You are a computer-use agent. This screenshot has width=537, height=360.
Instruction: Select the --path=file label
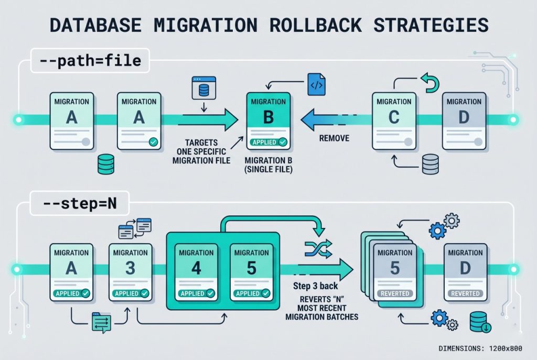point(90,61)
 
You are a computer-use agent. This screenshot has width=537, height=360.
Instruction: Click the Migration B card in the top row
point(268,119)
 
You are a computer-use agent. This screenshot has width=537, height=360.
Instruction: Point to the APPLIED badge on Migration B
point(268,141)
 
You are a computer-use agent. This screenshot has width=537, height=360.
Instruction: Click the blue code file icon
point(316,84)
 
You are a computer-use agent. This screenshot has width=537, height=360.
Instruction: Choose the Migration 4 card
point(196,271)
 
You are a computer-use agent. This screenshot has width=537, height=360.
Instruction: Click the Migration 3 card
point(130,271)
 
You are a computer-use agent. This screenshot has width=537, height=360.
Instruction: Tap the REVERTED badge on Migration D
point(465,293)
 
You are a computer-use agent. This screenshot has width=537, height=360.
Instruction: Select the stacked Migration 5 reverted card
point(393,270)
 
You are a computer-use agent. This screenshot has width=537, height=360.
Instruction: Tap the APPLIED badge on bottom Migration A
point(71,293)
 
